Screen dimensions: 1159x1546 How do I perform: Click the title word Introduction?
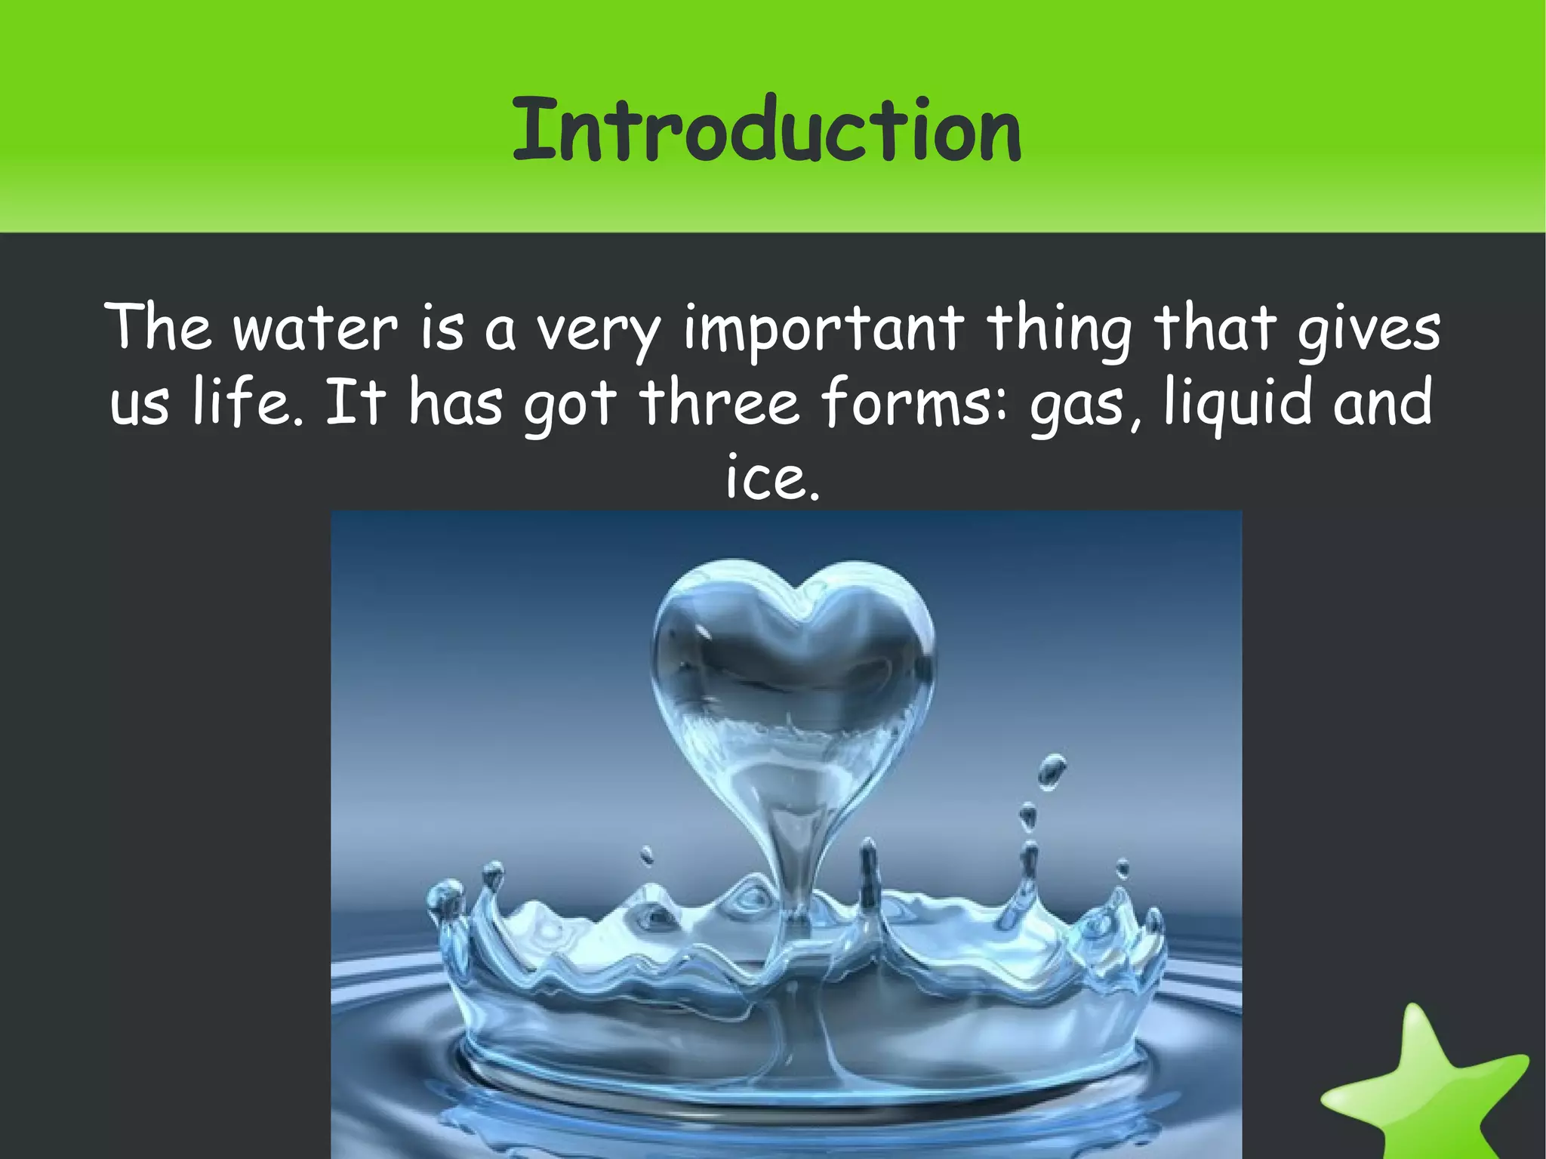pyautogui.click(x=766, y=130)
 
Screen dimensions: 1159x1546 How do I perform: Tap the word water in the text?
pyautogui.click(x=315, y=329)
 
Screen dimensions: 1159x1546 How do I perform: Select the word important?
pyautogui.click(x=824, y=331)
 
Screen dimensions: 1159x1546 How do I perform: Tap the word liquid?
pyautogui.click(x=1241, y=405)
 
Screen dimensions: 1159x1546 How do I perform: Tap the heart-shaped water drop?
pyautogui.click(x=792, y=664)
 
